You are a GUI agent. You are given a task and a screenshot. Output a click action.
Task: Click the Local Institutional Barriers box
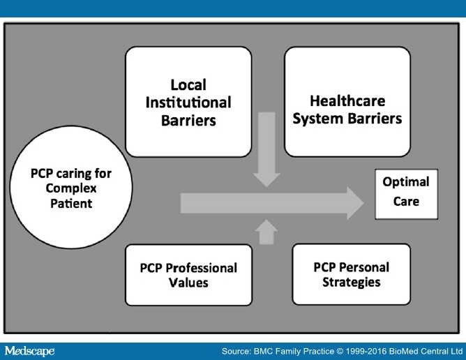tap(188, 102)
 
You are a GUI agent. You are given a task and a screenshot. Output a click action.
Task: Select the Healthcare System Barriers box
tap(347, 102)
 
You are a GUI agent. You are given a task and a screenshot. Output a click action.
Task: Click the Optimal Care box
tap(406, 192)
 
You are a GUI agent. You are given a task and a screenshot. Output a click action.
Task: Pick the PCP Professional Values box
tap(188, 275)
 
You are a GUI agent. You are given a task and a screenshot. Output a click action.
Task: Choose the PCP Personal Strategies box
tap(351, 274)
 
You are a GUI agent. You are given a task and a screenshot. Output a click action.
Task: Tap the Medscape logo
tap(29, 350)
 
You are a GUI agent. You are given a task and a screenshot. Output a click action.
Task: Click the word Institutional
tap(188, 102)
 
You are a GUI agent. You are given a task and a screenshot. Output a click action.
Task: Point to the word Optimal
tap(406, 182)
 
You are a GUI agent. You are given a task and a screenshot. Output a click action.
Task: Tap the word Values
tap(188, 283)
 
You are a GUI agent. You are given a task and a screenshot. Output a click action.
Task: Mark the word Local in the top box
tap(188, 86)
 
